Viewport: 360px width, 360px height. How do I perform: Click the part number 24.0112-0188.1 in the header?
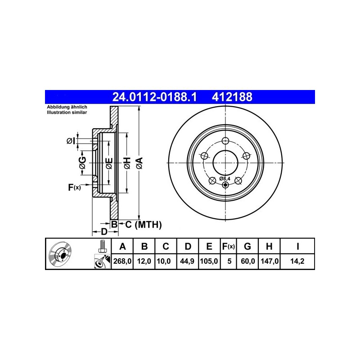(154, 97)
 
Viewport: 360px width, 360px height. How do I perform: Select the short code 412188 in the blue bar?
(232, 97)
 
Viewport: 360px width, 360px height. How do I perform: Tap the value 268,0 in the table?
(122, 261)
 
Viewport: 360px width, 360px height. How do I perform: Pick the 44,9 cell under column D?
(187, 261)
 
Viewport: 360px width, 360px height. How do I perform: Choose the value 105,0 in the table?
(209, 261)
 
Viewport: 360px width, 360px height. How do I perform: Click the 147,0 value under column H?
(270, 261)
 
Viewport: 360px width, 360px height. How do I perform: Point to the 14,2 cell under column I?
(297, 261)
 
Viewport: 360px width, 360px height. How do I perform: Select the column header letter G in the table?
(247, 246)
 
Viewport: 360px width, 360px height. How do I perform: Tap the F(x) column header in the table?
(229, 246)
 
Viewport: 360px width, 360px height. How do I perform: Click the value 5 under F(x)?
(229, 261)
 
